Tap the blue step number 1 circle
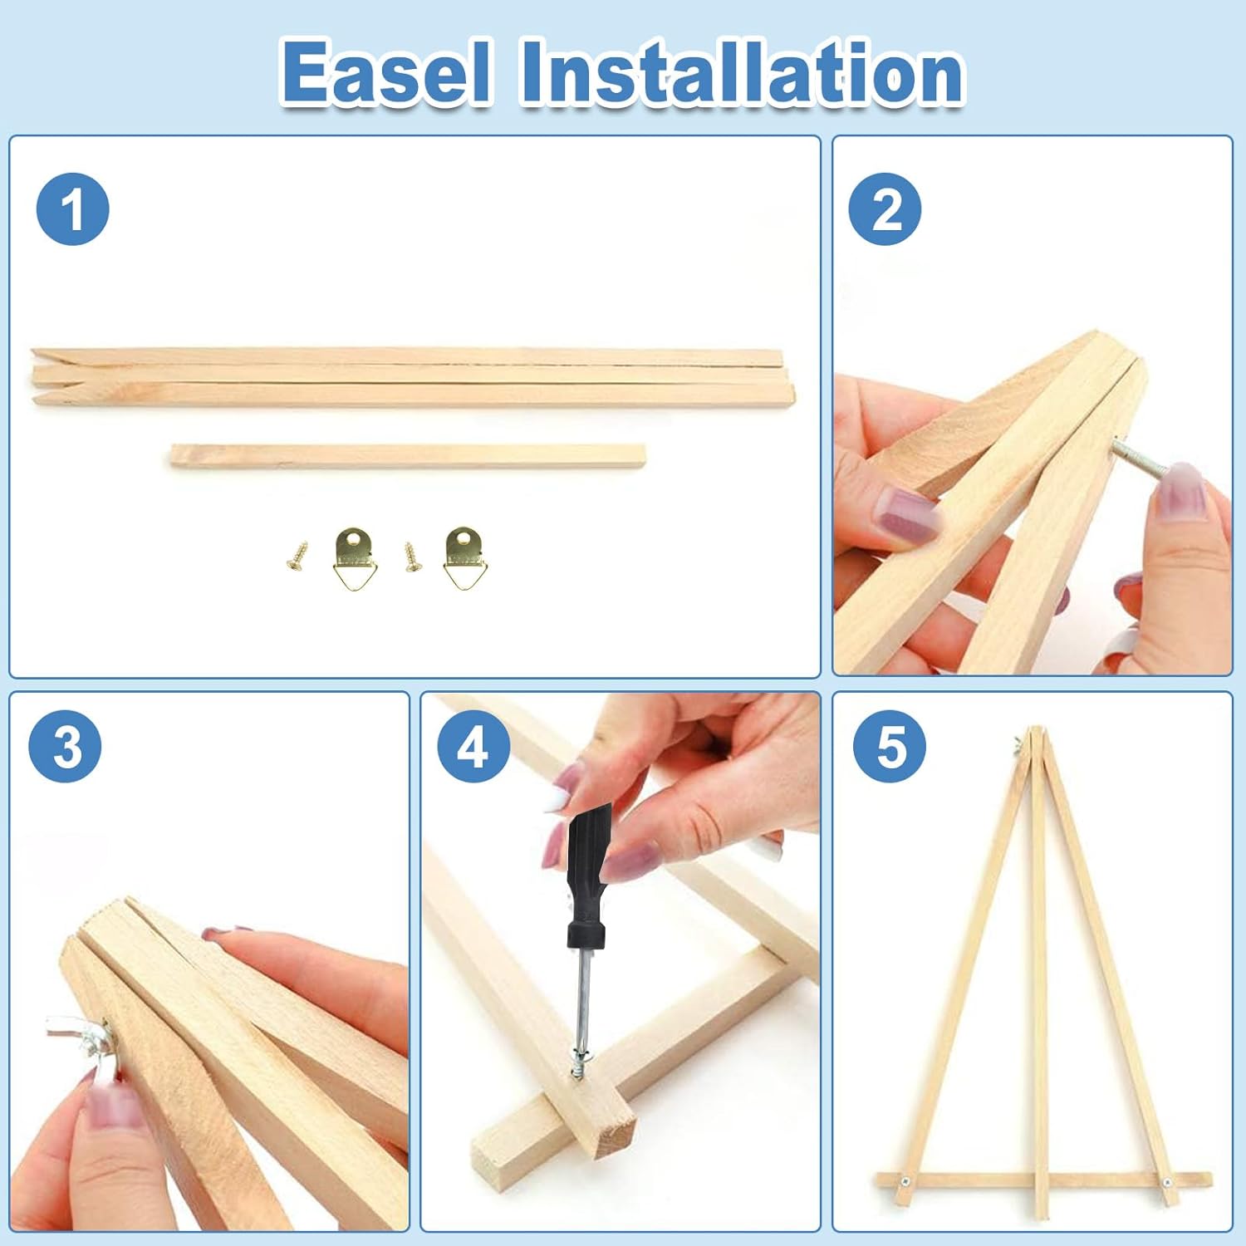point(73,209)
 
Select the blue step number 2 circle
point(885,209)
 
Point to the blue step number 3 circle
point(66,746)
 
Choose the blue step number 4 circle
point(474,746)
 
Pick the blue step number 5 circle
point(890,746)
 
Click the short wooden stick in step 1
point(408,455)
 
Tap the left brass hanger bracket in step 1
point(356,558)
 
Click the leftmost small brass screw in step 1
point(297,556)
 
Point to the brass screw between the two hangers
point(413,557)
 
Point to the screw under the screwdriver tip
point(579,1062)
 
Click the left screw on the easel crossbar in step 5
point(907,1181)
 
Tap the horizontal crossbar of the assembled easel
point(1044,1180)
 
